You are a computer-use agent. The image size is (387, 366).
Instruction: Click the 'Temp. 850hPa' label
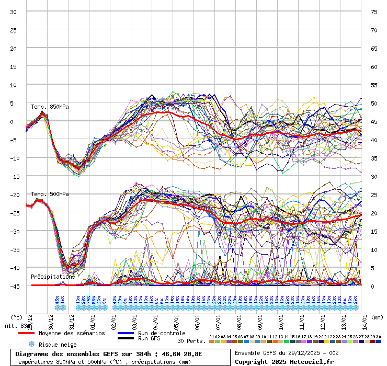(x=50, y=107)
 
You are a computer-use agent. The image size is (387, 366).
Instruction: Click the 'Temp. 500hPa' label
(x=50, y=194)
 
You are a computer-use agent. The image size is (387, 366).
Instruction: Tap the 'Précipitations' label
(x=52, y=276)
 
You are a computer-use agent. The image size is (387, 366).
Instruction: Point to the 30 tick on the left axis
(x=13, y=12)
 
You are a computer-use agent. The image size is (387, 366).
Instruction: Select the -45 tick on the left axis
(x=13, y=286)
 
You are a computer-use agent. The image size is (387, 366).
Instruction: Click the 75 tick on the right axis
(x=374, y=12)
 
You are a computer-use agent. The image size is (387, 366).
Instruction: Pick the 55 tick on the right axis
(x=374, y=85)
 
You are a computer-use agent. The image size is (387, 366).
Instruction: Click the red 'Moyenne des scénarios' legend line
(x=33, y=333)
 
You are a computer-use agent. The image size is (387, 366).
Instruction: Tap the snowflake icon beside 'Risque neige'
(x=31, y=345)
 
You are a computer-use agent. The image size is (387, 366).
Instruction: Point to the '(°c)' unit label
(x=17, y=317)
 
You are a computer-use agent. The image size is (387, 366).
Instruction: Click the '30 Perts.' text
(x=191, y=341)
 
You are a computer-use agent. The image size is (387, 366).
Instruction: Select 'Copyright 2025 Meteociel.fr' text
(x=283, y=361)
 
